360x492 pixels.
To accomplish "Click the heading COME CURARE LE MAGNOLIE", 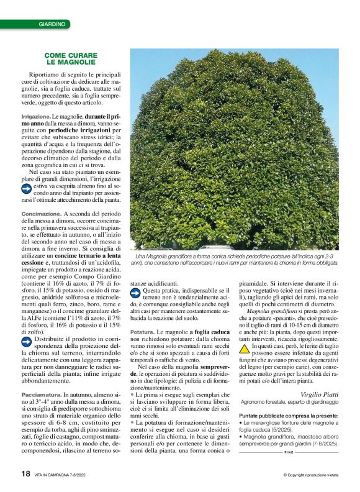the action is click(x=70, y=59).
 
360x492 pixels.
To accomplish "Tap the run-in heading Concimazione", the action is click(x=40, y=214).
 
